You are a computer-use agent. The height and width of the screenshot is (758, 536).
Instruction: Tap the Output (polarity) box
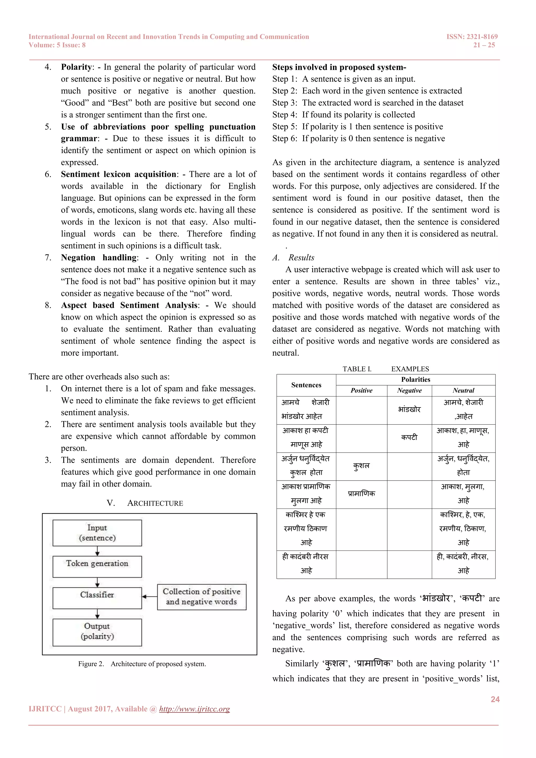(97, 632)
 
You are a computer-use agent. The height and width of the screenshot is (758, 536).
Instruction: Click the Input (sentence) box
(97, 533)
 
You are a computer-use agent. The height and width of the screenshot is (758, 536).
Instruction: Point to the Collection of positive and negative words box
(202, 597)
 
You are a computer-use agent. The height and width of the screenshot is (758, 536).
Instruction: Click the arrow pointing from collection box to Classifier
(149, 597)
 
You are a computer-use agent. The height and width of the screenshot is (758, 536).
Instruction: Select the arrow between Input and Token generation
(97, 551)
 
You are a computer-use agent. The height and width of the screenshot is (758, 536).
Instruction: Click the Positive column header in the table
(361, 391)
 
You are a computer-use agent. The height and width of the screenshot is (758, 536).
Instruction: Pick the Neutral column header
(464, 391)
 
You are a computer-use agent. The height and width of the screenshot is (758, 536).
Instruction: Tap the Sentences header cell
(306, 385)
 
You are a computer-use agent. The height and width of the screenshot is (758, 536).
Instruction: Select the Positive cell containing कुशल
(361, 466)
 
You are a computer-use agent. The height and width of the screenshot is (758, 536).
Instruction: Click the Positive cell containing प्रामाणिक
(361, 494)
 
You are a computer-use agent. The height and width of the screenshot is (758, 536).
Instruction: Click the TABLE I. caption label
(357, 369)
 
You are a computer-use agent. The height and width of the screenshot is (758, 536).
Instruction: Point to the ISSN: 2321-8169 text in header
(472, 37)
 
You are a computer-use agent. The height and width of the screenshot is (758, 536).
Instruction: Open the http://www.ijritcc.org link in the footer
(194, 709)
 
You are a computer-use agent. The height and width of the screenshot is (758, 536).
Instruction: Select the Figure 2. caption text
(142, 664)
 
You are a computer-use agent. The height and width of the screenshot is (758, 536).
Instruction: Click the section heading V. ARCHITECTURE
(145, 503)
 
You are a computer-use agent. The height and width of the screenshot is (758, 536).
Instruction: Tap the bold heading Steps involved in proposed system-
(339, 67)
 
